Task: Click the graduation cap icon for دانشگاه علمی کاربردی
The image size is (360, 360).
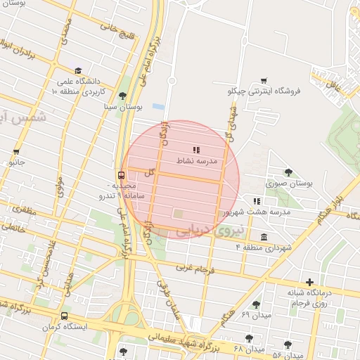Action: point(77,70)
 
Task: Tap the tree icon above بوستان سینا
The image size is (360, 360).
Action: point(123,96)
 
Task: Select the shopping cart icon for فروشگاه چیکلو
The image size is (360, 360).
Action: point(264,81)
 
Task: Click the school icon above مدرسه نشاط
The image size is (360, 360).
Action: point(196,150)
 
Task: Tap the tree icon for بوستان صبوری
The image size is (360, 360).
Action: point(288,172)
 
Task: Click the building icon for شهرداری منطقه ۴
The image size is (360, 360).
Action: point(264,237)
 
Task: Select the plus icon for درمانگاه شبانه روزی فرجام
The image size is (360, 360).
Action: point(309,282)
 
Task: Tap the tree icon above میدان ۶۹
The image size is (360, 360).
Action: point(255,304)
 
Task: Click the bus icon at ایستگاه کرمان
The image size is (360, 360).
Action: point(65,316)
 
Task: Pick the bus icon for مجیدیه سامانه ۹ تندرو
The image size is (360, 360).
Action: point(121,175)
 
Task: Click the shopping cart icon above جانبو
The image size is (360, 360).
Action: point(16,151)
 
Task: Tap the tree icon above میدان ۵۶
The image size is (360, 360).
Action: point(288,345)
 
